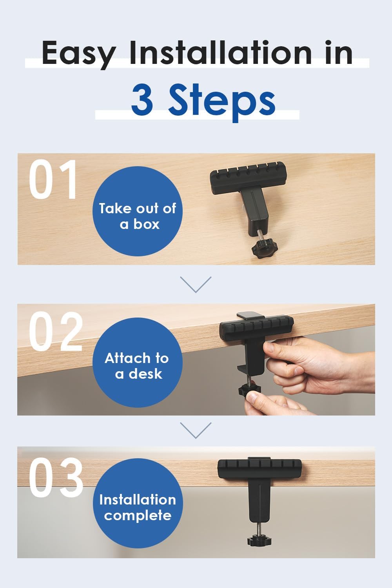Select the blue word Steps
222,100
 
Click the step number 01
53,180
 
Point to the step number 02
56,332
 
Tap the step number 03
56,479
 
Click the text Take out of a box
138,216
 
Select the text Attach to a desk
137,365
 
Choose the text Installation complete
138,507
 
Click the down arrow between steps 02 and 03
196,430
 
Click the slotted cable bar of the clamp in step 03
260,469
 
